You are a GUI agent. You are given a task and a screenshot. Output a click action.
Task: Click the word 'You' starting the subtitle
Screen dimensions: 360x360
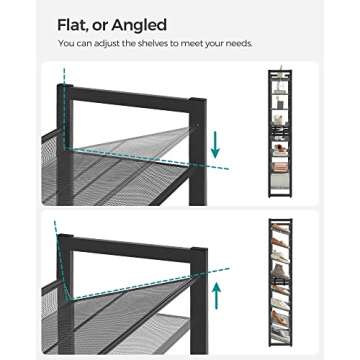66,45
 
